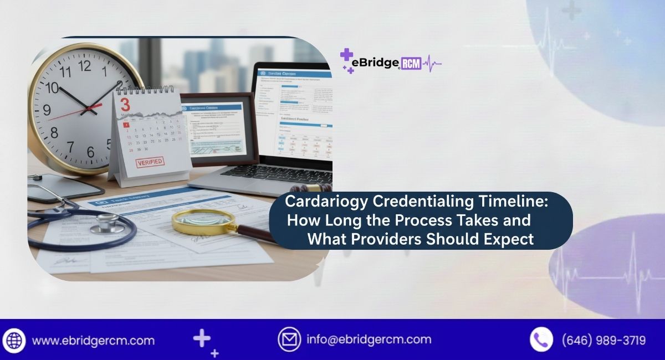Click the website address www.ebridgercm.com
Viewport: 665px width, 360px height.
[x=93, y=340]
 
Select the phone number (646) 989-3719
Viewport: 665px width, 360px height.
[x=603, y=340]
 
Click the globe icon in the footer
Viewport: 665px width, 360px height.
[x=14, y=340]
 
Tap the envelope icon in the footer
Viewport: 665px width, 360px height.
[x=289, y=339]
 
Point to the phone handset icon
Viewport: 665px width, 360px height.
[x=541, y=339]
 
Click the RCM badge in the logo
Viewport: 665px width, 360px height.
[x=411, y=63]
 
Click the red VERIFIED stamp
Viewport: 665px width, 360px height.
[x=149, y=162]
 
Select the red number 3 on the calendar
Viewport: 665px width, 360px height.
[x=125, y=104]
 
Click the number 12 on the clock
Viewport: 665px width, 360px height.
[x=84, y=66]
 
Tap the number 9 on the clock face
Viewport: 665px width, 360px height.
[x=47, y=109]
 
